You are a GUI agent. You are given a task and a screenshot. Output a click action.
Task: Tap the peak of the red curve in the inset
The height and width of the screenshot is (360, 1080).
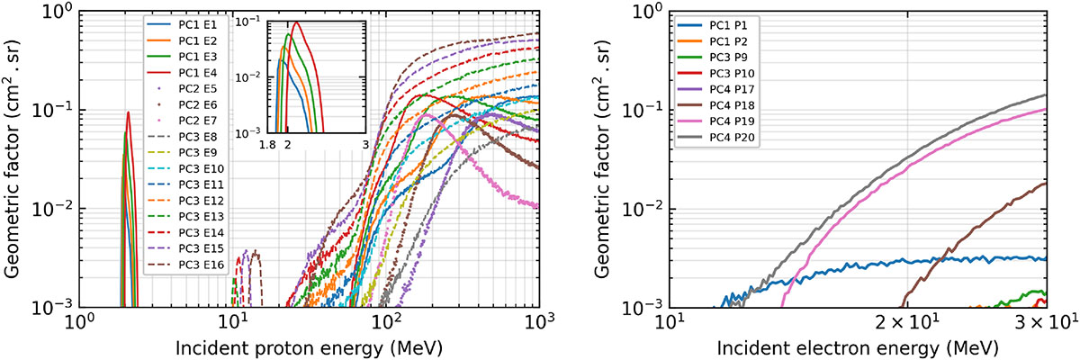coord(295,23)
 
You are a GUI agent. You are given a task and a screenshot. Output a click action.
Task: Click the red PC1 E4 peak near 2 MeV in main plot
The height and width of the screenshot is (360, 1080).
coord(129,112)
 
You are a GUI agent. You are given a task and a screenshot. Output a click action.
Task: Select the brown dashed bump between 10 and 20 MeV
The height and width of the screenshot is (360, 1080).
coord(256,254)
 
